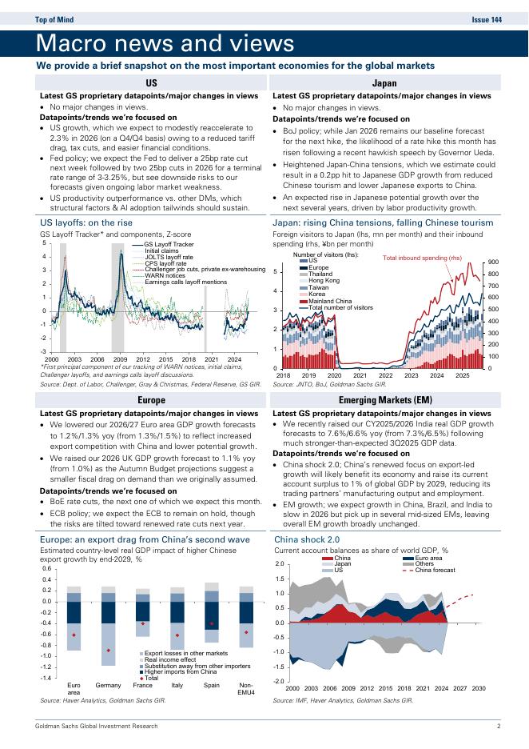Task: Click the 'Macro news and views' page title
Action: pyautogui.click(x=165, y=43)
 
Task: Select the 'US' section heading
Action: pyautogui.click(x=150, y=82)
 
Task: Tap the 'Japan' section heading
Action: pyautogui.click(x=384, y=82)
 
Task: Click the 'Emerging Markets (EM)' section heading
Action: pyautogui.click(x=384, y=399)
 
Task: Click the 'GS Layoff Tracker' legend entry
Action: pyautogui.click(x=169, y=244)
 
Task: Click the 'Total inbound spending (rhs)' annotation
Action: pyautogui.click(x=423, y=258)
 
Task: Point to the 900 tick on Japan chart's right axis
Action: pyautogui.click(x=493, y=262)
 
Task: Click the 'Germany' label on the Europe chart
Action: pyautogui.click(x=108, y=686)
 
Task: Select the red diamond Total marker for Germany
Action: pyautogui.click(x=108, y=651)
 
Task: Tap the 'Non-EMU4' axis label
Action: pyautogui.click(x=246, y=689)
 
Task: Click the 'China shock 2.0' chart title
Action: pyautogui.click(x=306, y=540)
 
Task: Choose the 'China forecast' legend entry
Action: pyautogui.click(x=435, y=570)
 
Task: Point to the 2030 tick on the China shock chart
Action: pyautogui.click(x=479, y=688)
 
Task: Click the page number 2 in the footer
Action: pyautogui.click(x=498, y=727)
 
